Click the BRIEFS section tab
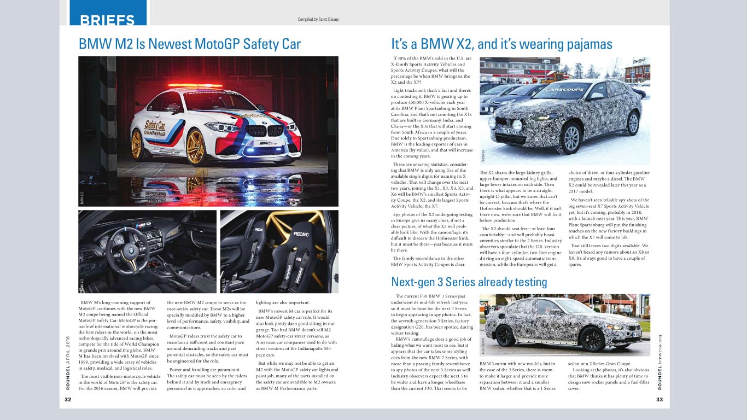click(108, 20)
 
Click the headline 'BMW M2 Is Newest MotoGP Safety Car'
click(190, 44)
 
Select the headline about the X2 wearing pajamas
click(501, 44)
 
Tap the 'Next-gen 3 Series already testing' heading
click(469, 282)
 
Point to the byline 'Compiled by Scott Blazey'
click(318, 19)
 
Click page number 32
click(68, 400)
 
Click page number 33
click(660, 400)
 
